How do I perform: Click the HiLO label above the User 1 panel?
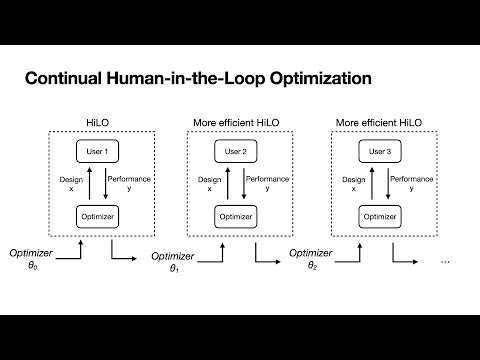(x=97, y=123)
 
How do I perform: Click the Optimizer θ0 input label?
(x=26, y=262)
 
